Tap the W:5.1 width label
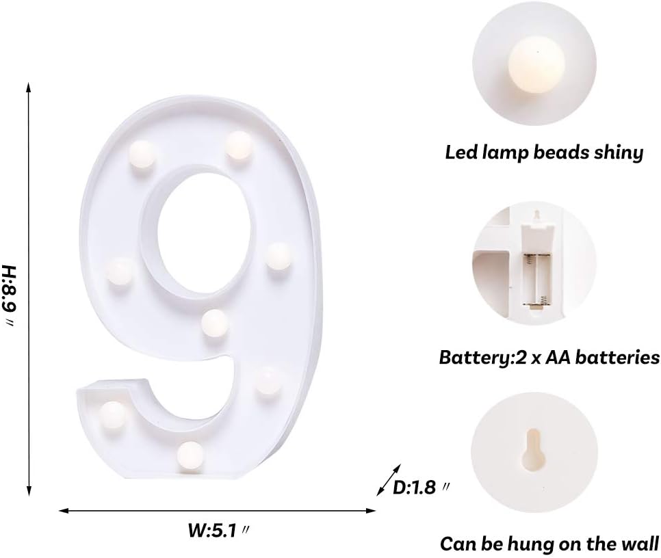(x=215, y=529)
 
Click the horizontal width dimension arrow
(x=218, y=510)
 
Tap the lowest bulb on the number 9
(x=190, y=452)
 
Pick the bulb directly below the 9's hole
(x=215, y=321)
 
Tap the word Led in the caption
(x=460, y=152)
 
